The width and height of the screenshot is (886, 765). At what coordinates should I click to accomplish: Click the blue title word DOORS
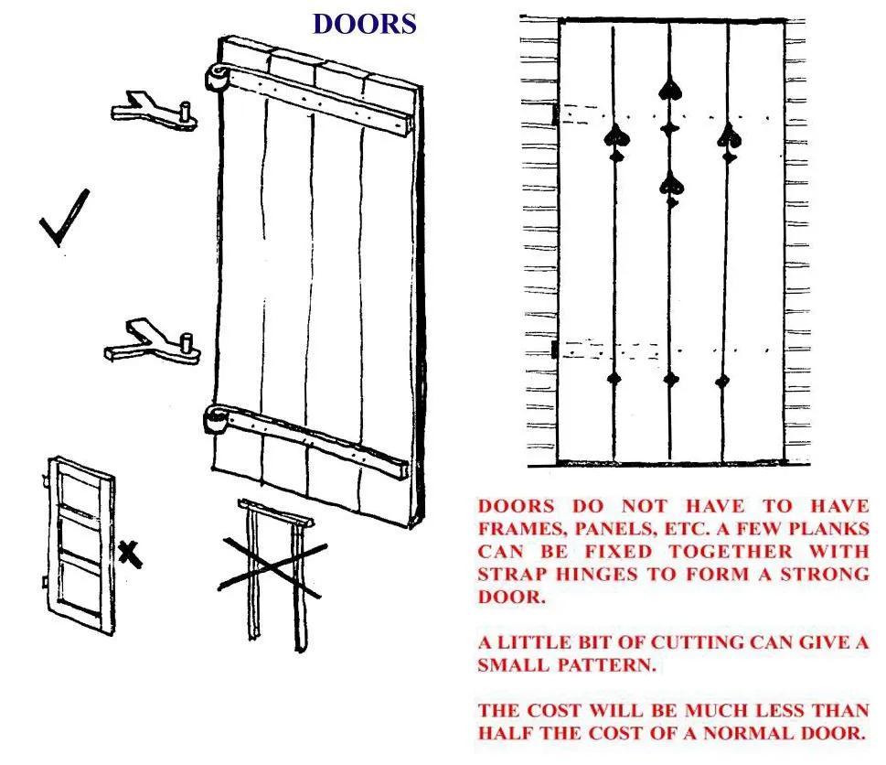click(x=364, y=24)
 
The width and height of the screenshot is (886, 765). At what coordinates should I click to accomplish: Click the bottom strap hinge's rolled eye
click(x=215, y=422)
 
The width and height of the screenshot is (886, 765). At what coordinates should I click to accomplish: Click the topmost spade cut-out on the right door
click(x=671, y=88)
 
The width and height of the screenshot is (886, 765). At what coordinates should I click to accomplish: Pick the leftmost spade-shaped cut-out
click(x=616, y=138)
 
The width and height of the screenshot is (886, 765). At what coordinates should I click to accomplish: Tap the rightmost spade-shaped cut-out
click(x=730, y=137)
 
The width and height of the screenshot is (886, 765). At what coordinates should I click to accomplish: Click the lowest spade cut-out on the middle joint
click(x=672, y=186)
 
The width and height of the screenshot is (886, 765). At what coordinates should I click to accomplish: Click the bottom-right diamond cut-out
click(x=723, y=380)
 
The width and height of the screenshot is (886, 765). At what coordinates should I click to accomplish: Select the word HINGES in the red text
click(x=595, y=575)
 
